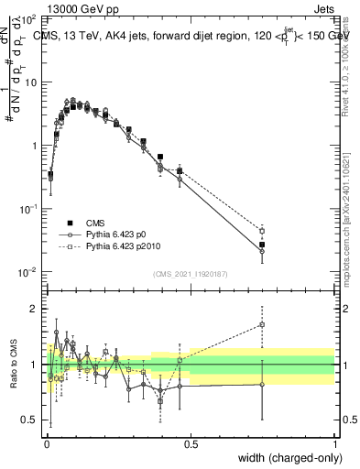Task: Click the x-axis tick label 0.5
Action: click(191, 442)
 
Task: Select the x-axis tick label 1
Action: click(335, 442)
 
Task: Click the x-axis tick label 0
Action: click(47, 442)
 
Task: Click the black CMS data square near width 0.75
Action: click(262, 245)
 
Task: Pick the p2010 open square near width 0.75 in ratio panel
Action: click(262, 324)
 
